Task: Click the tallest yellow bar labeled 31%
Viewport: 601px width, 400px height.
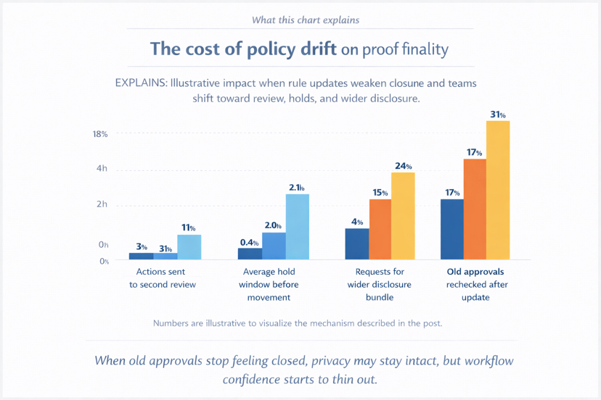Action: (498, 190)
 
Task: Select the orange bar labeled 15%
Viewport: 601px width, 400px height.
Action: (380, 229)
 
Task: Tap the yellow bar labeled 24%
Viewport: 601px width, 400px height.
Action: (403, 215)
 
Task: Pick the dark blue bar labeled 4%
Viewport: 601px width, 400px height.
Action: (357, 243)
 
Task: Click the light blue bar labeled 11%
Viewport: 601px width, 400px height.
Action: (189, 246)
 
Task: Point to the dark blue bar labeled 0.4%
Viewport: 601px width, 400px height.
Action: (250, 254)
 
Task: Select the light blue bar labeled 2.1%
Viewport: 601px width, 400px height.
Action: (298, 226)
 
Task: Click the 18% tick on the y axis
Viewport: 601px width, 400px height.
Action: (100, 134)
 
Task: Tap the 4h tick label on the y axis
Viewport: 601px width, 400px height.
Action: (102, 169)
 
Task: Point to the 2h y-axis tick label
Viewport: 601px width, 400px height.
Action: (102, 204)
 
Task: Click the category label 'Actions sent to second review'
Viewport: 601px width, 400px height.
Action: (163, 278)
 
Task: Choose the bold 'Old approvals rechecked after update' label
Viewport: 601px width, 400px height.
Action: (477, 284)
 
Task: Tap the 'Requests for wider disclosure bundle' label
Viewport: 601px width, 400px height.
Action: (380, 284)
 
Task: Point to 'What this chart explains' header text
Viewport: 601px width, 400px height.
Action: (305, 20)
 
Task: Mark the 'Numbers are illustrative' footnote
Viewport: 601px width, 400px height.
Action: (298, 323)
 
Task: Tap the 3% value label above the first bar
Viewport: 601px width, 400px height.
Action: (142, 247)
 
